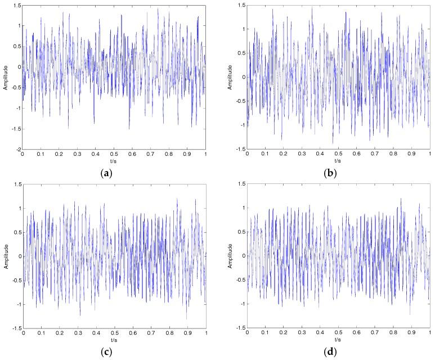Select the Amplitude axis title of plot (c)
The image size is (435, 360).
(6, 256)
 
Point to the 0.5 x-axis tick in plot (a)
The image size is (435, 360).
(114, 155)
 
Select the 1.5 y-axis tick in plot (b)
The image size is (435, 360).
(241, 5)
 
